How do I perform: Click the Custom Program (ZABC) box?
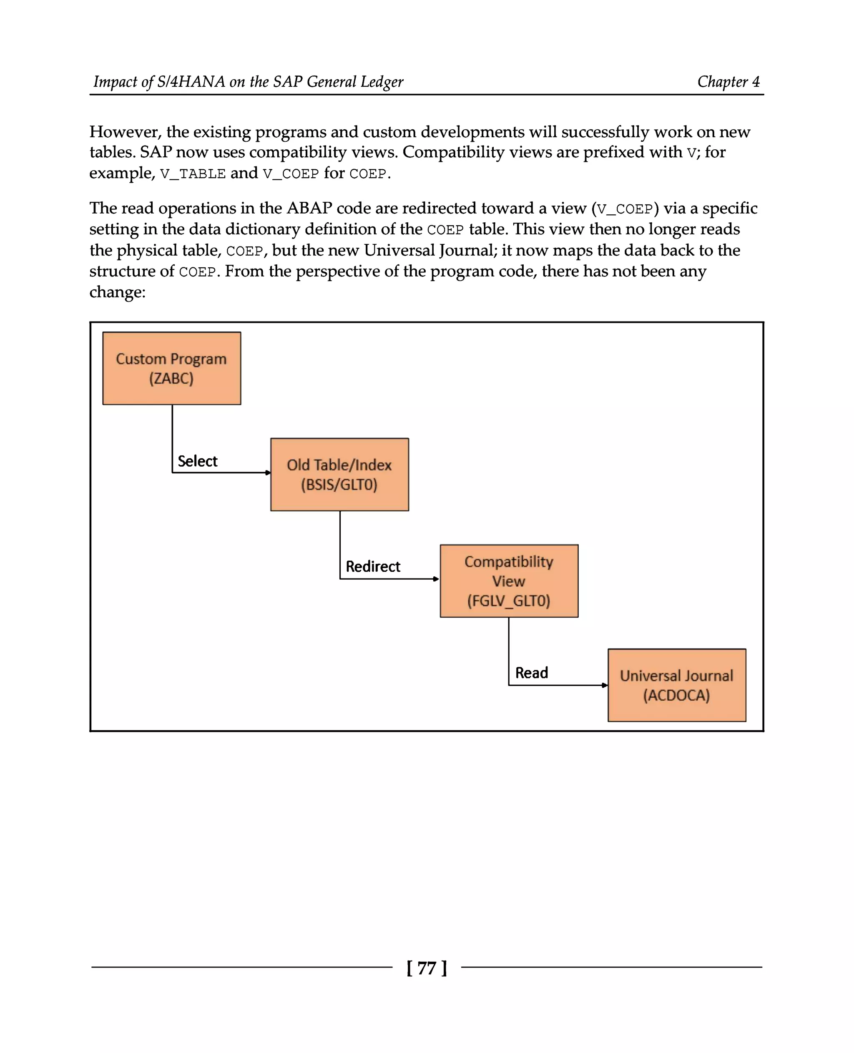click(x=172, y=369)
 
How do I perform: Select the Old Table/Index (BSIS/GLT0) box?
click(x=339, y=474)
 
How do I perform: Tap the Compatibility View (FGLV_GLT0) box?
click(x=509, y=581)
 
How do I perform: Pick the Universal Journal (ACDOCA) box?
click(x=677, y=686)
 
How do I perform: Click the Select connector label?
click(x=197, y=461)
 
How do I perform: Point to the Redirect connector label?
click(x=373, y=566)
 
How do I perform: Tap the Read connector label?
click(x=531, y=673)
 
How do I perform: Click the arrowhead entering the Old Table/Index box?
click(x=268, y=473)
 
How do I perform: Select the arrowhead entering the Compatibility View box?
click(x=436, y=579)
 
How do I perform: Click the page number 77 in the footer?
click(x=427, y=968)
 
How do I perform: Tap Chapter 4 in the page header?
click(x=728, y=82)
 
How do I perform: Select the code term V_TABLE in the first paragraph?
click(x=193, y=174)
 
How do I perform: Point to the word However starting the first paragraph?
click(x=126, y=132)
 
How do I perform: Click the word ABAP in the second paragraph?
click(x=309, y=208)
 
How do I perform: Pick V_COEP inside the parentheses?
click(x=625, y=209)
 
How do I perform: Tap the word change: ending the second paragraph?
click(x=118, y=292)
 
